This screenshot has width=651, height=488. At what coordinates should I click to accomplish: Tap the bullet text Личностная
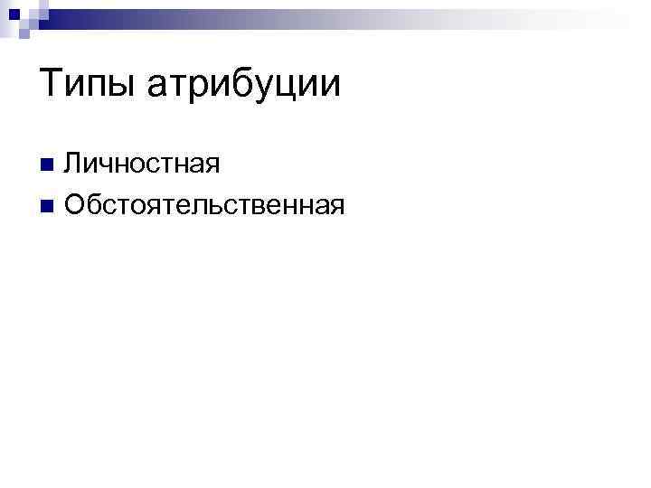pyautogui.click(x=142, y=164)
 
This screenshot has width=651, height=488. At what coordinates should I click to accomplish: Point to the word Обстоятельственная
pyautogui.click(x=204, y=205)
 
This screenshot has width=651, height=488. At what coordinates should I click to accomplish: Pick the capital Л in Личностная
pyautogui.click(x=74, y=164)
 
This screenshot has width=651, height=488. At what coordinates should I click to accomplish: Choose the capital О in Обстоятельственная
pyautogui.click(x=76, y=205)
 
